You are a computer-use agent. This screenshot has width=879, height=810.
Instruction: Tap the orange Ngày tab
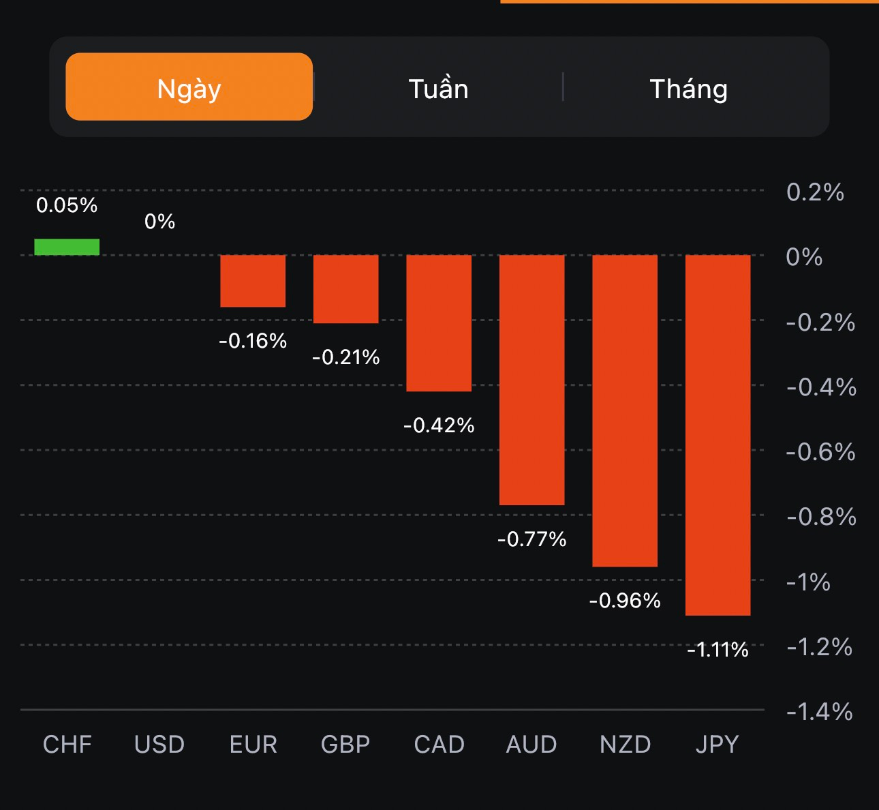tap(189, 87)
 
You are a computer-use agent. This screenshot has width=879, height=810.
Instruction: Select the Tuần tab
tap(438, 89)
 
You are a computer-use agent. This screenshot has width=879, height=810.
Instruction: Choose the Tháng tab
tap(688, 89)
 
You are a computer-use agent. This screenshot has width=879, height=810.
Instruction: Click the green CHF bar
tap(67, 247)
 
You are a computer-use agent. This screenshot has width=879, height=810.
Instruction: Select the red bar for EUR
tap(253, 281)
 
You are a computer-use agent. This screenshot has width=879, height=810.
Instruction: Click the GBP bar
tap(345, 289)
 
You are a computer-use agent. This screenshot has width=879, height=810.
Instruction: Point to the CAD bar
tap(439, 323)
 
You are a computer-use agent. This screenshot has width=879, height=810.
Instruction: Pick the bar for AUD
tap(532, 380)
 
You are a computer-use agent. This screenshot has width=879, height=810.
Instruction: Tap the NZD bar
tap(625, 410)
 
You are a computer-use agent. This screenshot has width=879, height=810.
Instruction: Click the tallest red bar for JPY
tap(718, 435)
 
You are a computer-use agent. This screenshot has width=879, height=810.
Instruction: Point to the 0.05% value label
tap(67, 205)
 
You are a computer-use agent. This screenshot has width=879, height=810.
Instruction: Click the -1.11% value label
tap(718, 650)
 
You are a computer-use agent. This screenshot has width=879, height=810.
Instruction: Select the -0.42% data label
tap(439, 425)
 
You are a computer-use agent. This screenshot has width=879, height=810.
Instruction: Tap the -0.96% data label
tap(625, 601)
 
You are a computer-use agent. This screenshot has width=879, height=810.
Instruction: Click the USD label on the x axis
tap(159, 745)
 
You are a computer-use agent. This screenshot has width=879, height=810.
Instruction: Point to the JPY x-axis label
tap(718, 745)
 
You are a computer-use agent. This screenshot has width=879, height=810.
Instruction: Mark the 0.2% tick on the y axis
tap(815, 192)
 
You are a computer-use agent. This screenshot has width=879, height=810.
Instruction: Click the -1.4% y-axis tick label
tap(820, 712)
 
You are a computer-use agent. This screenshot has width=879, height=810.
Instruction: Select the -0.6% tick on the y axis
tap(820, 452)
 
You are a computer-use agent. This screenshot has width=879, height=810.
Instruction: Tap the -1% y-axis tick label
tap(809, 582)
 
